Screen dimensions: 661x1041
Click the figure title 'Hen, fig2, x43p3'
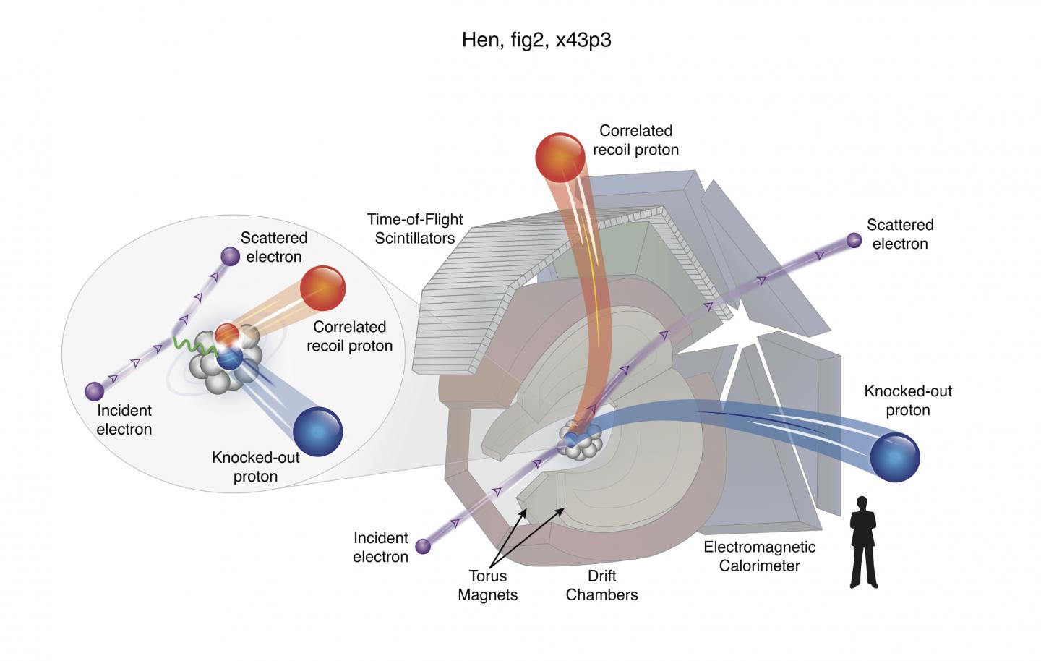[536, 40]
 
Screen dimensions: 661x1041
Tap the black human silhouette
[863, 542]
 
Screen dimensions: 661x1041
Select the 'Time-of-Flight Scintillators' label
[414, 228]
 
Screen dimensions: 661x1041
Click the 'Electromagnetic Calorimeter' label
[759, 556]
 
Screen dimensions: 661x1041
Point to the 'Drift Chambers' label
[601, 586]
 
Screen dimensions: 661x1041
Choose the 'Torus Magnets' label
[488, 586]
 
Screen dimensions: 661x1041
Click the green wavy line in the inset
[194, 345]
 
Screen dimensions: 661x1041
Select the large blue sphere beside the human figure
[894, 457]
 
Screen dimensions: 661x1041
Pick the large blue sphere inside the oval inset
[317, 432]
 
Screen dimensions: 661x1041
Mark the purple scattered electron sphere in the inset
[230, 256]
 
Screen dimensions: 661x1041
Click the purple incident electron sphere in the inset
[94, 391]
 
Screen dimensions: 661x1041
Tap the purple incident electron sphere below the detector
[423, 546]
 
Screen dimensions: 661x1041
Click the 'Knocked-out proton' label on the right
[908, 401]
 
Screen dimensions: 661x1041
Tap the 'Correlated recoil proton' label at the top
[635, 140]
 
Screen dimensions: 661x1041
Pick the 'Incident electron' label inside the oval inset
[124, 419]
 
